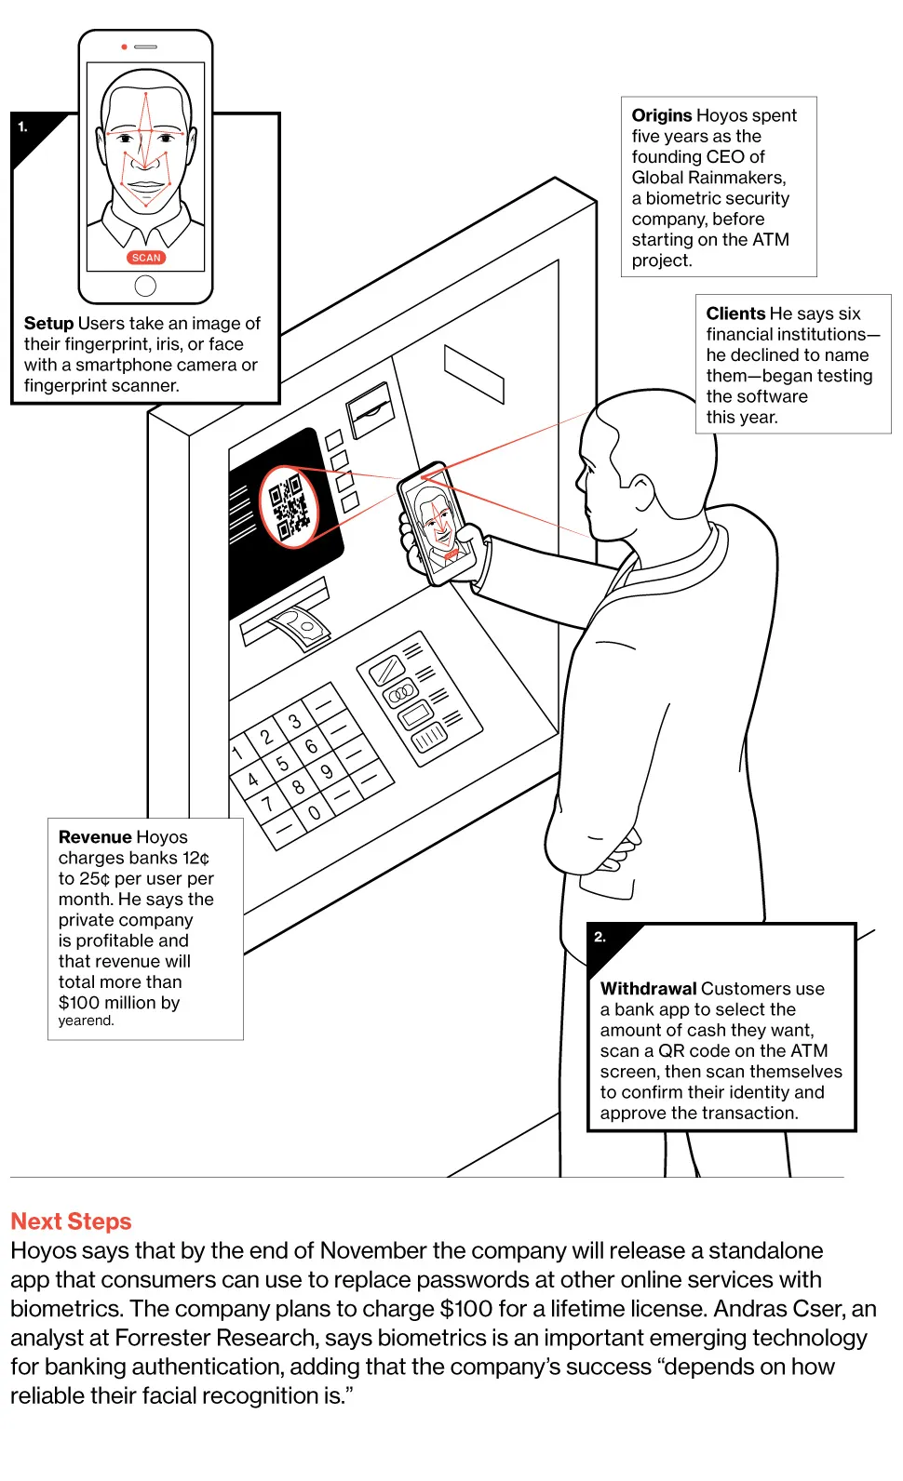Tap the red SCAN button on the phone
pyautogui.click(x=146, y=258)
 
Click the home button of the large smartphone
pyautogui.click(x=145, y=286)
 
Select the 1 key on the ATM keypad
pyautogui.click(x=238, y=752)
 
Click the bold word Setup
pyautogui.click(x=48, y=323)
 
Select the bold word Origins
pyautogui.click(x=662, y=115)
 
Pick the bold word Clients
pyautogui.click(x=735, y=314)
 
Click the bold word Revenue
pyautogui.click(x=89, y=837)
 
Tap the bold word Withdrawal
pyautogui.click(x=648, y=989)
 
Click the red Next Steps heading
pyautogui.click(x=71, y=1221)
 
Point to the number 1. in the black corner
pyautogui.click(x=23, y=127)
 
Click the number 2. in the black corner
pyautogui.click(x=600, y=937)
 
